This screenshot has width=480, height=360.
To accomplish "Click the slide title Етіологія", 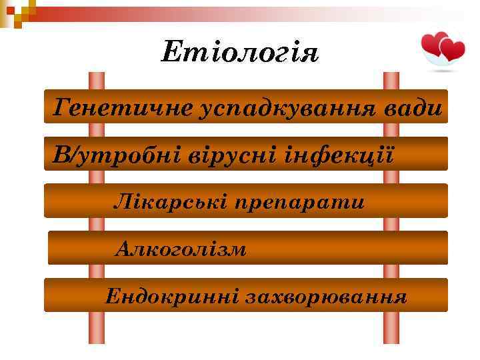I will tap(240, 52).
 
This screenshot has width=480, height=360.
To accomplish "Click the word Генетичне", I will tap(122, 107).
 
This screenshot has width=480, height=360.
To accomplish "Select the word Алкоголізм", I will tap(181, 249).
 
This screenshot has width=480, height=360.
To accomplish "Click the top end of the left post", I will tap(97, 75).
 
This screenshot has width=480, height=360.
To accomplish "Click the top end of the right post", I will tap(391, 75).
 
